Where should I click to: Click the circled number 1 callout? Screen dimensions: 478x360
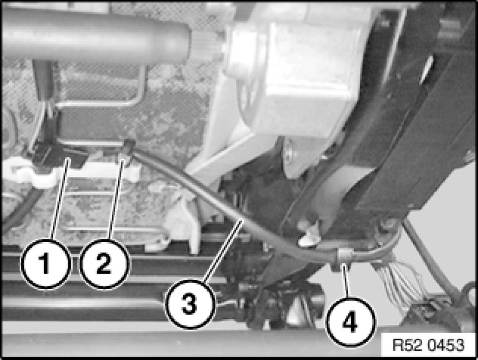(x=45, y=264)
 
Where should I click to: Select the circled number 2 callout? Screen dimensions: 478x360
(x=104, y=264)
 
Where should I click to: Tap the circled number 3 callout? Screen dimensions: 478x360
(x=190, y=304)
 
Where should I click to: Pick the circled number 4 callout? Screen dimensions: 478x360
(x=350, y=322)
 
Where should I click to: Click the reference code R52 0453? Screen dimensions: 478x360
(x=429, y=345)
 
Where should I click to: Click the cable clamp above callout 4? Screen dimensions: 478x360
(x=344, y=256)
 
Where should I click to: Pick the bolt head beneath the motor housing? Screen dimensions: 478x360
(x=290, y=152)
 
